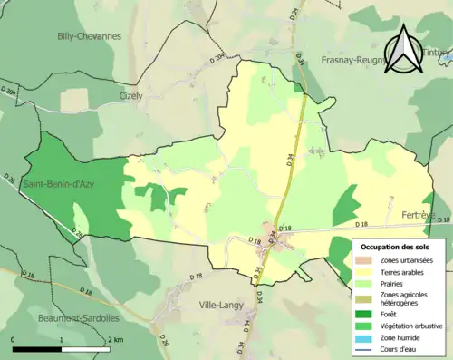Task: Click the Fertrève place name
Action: click(418, 214)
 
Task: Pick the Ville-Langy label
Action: click(222, 305)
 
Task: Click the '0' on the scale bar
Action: click(13, 339)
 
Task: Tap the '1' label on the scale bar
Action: click(61, 339)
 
